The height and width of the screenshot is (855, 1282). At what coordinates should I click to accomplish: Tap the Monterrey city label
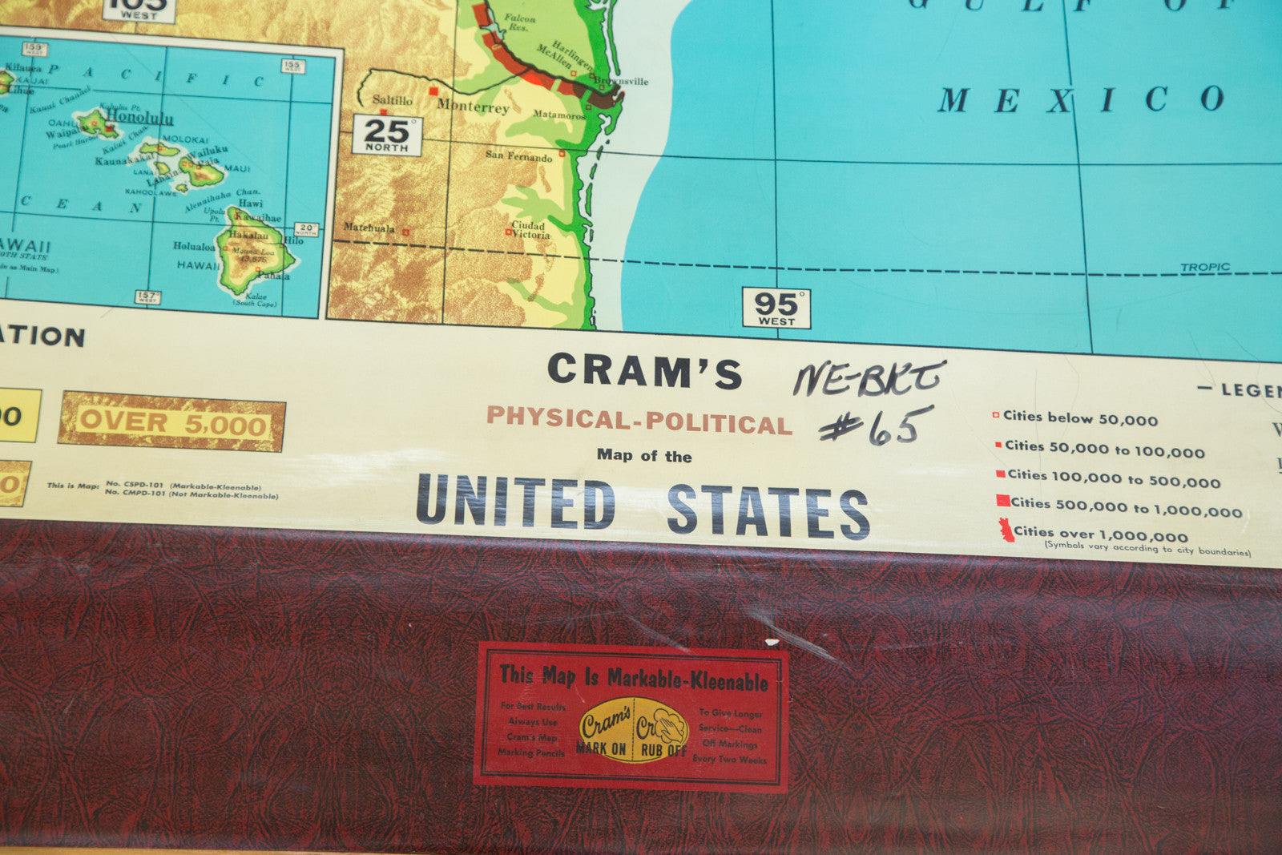click(x=473, y=106)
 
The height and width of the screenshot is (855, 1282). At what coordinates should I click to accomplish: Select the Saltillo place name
click(x=392, y=100)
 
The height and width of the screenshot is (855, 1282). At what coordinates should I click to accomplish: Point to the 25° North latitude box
click(x=386, y=135)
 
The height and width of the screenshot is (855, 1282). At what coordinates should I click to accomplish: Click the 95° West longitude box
click(x=776, y=309)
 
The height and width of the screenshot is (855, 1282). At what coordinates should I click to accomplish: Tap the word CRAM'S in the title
click(x=645, y=371)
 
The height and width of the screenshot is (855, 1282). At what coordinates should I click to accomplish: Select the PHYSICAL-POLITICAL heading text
click(x=639, y=420)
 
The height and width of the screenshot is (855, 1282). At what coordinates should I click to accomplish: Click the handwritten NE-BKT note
click(x=869, y=377)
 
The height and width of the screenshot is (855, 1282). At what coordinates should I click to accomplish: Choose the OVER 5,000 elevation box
click(x=171, y=421)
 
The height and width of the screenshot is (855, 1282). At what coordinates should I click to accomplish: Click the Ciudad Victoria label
click(x=530, y=230)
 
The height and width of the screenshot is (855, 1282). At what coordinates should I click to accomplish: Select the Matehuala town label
click(x=369, y=228)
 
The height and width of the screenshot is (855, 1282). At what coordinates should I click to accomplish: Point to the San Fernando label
click(x=518, y=156)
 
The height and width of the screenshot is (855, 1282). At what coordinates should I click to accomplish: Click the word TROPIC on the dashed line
click(x=1204, y=268)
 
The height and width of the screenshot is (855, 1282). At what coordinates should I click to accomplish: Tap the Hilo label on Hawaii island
click(x=293, y=240)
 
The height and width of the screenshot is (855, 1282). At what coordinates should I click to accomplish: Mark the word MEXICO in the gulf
click(x=1081, y=99)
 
